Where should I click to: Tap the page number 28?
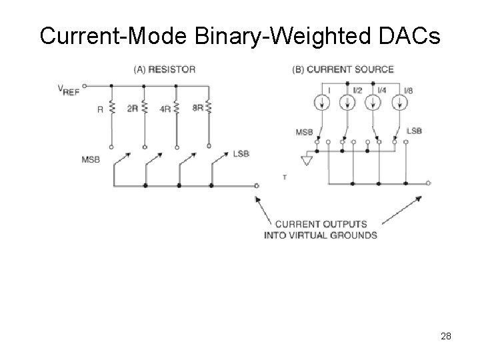point(446,336)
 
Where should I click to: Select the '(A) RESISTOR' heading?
point(164,69)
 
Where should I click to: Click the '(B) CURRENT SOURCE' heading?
point(343,69)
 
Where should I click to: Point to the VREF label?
point(69,89)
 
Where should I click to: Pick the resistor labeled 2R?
point(144,107)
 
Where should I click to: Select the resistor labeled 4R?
point(177,107)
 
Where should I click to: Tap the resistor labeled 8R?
point(209,107)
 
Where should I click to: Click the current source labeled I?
point(322,103)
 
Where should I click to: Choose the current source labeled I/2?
point(347,103)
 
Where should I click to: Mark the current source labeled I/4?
point(373,103)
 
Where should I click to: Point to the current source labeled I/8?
point(399,103)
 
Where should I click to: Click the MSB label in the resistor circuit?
point(91,159)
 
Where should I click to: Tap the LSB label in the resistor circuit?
point(241,153)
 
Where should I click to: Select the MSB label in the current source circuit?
point(304,132)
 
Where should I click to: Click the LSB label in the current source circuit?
point(414,131)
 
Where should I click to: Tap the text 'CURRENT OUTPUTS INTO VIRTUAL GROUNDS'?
point(321,229)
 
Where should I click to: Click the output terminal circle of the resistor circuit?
point(257,186)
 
